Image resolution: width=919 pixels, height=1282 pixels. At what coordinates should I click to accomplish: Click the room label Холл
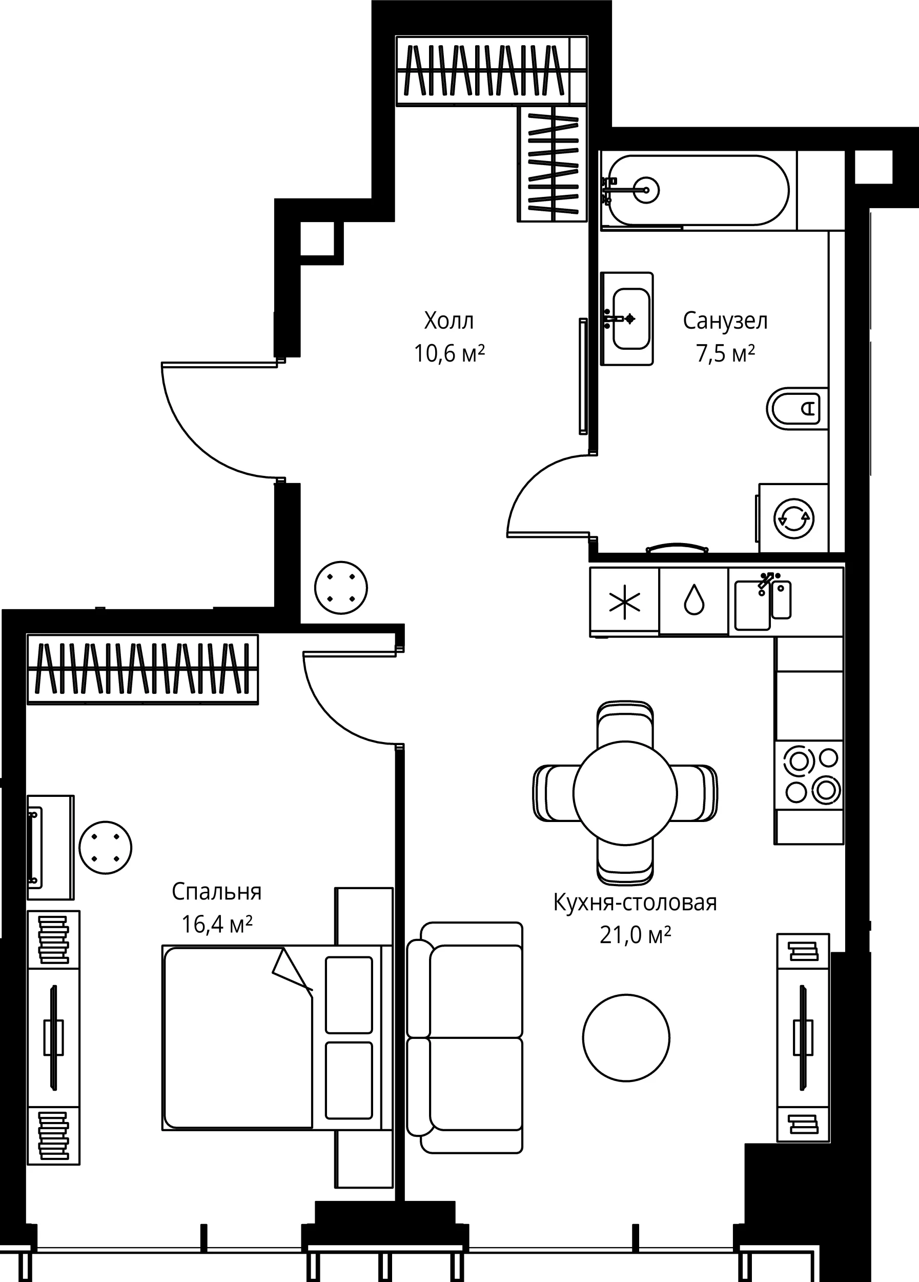pyautogui.click(x=449, y=321)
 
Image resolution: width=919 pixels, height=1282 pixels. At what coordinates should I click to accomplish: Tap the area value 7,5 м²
pyautogui.click(x=725, y=354)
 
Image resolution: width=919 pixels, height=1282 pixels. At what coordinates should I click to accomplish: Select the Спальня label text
pyautogui.click(x=217, y=892)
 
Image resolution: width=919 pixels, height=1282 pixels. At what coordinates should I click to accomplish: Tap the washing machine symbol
pyautogui.click(x=793, y=518)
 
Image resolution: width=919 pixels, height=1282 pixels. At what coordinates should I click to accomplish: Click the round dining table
pyautogui.click(x=625, y=793)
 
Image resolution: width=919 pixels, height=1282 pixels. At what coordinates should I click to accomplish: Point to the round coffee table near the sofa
pyautogui.click(x=626, y=1038)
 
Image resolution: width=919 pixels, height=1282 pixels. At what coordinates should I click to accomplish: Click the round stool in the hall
pyautogui.click(x=341, y=587)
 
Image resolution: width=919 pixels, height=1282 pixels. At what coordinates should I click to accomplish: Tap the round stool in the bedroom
pyautogui.click(x=106, y=847)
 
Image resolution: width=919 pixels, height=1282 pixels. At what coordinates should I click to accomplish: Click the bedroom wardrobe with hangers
pyautogui.click(x=143, y=669)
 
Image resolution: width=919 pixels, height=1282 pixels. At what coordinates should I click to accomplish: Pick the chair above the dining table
pyautogui.click(x=625, y=724)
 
